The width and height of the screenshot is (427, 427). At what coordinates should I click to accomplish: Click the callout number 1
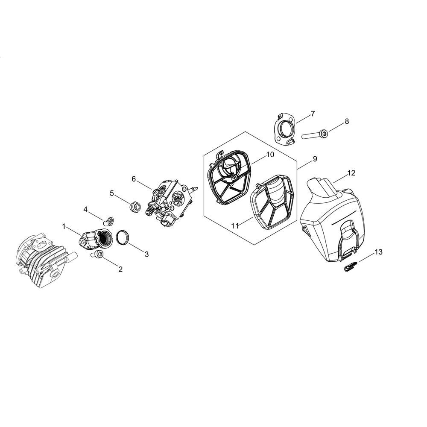(x=64, y=227)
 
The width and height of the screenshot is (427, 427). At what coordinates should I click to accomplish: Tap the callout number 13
(x=378, y=252)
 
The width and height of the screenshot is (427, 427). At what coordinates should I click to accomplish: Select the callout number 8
(x=347, y=121)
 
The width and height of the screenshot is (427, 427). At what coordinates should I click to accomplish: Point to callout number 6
(x=133, y=179)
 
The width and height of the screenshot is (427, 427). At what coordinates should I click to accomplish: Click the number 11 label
(x=235, y=226)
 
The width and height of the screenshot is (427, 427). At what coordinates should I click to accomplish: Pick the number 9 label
(x=315, y=159)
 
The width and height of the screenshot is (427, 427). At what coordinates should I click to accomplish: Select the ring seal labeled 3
(x=123, y=237)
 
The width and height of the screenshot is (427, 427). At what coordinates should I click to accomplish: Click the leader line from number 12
(x=340, y=178)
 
